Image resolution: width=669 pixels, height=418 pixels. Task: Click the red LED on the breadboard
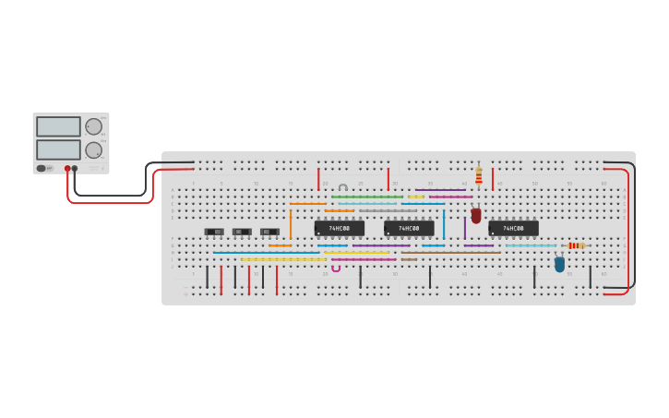[476, 216]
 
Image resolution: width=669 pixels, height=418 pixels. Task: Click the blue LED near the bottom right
[559, 265]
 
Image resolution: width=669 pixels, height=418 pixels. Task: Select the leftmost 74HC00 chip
[339, 228]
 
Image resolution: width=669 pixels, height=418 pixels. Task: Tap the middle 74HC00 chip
[409, 228]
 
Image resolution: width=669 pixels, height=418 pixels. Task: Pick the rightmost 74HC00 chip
[513, 228]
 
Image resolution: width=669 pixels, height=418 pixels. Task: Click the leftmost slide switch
[214, 232]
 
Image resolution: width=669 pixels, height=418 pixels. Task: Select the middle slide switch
[242, 232]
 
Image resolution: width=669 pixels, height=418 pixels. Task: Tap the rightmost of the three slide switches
[269, 232]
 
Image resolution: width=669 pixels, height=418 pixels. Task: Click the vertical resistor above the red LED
[479, 175]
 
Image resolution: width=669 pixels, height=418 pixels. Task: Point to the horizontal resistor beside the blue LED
[576, 245]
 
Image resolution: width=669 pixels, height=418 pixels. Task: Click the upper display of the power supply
[58, 126]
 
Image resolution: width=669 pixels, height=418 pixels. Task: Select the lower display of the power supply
[58, 149]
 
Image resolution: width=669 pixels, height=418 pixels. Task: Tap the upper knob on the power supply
[93, 126]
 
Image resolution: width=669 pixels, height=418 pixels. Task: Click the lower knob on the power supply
[93, 149]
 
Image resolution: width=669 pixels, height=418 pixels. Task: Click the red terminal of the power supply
[67, 169]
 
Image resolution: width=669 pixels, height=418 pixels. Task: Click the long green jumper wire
[367, 197]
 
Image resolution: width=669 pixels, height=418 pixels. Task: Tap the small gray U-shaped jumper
[343, 187]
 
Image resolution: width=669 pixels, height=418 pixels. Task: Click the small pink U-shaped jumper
[336, 269]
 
